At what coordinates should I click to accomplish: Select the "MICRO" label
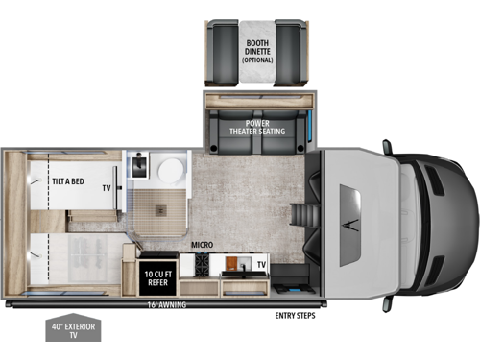pyautogui.click(x=202, y=246)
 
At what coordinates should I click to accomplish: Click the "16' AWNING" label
pyautogui.click(x=167, y=305)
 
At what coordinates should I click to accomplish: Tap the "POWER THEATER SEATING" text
pyautogui.click(x=256, y=128)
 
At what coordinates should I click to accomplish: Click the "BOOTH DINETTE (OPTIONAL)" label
pyautogui.click(x=256, y=48)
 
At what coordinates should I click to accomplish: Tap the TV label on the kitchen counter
pyautogui.click(x=260, y=262)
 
